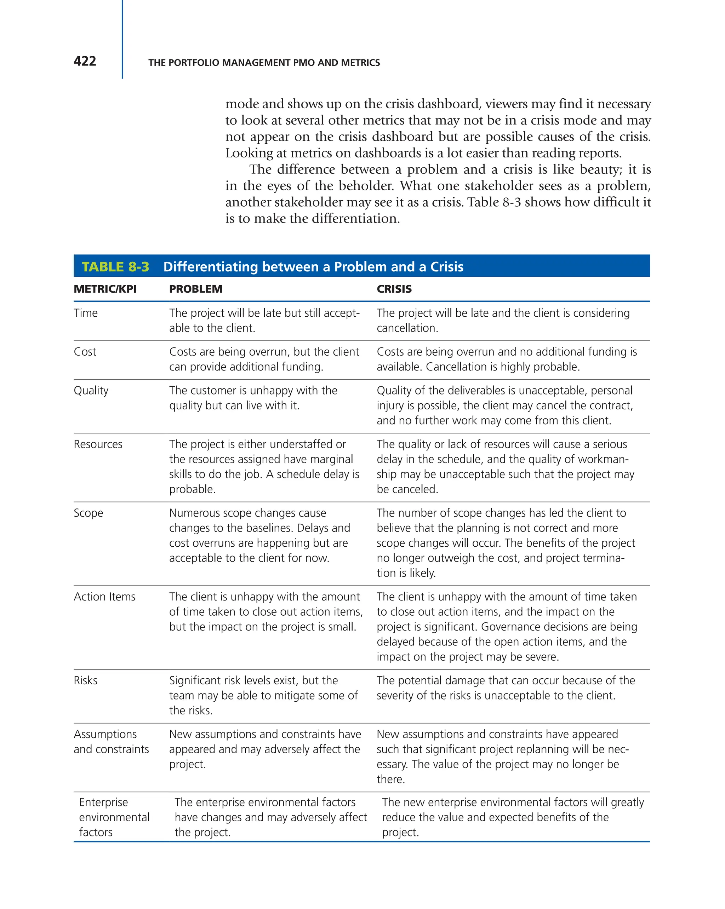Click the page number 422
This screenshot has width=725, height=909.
[x=85, y=62]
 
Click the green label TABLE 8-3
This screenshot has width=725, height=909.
[x=115, y=267]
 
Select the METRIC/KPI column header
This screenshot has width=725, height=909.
[x=105, y=289]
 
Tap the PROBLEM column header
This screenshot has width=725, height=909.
[x=196, y=289]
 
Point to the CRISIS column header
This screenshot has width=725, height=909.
[x=394, y=289]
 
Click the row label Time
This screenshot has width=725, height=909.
[x=86, y=313]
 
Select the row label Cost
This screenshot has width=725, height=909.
[x=85, y=352]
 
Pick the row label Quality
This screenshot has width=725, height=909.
[x=91, y=391]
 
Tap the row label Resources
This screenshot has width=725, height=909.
[x=98, y=444]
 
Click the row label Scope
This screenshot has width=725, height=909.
[x=88, y=513]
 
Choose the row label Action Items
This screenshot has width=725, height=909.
[x=104, y=597]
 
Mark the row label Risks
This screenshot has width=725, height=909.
[x=85, y=680]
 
